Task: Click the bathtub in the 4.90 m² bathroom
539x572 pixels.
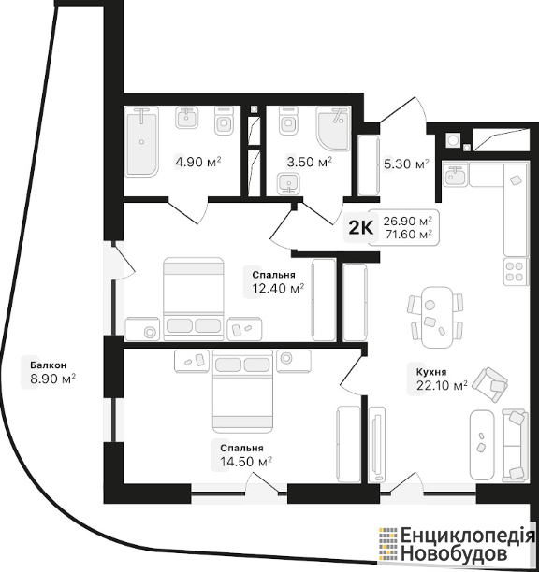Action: [141, 142]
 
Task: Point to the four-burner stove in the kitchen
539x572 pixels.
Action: [516, 271]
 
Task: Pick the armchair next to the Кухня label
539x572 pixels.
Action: [490, 384]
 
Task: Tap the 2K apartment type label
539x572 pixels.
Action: [361, 228]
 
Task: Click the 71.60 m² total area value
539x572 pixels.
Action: [408, 235]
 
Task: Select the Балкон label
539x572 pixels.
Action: [49, 365]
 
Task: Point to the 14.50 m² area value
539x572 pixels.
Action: [246, 462]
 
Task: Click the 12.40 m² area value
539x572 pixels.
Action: [278, 289]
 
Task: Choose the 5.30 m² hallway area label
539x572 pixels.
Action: [406, 164]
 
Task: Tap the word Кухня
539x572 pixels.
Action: [431, 372]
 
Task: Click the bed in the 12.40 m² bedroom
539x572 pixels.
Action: [194, 299]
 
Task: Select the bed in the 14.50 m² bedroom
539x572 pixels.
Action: [242, 390]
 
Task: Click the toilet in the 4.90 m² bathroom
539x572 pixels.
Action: [224, 121]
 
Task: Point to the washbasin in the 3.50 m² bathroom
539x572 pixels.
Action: [288, 184]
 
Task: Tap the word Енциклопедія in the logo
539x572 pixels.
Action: [468, 536]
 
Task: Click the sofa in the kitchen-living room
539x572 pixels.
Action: [515, 445]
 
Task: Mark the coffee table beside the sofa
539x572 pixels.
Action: [482, 445]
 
